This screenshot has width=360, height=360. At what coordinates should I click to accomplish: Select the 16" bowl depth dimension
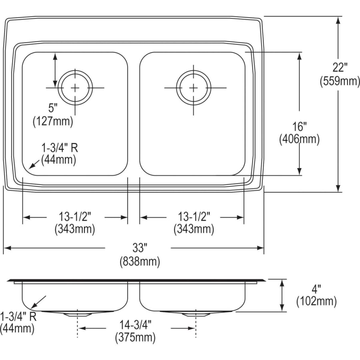[299, 127]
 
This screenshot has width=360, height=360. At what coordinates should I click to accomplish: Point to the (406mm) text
[299, 140]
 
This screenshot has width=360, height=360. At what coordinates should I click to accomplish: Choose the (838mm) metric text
[140, 262]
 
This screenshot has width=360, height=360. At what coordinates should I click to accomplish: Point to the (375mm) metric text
[136, 338]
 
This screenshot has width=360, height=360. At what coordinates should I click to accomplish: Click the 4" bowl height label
[317, 288]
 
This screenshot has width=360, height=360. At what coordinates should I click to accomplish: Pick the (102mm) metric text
[316, 301]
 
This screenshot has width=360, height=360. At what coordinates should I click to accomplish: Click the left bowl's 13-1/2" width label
[75, 216]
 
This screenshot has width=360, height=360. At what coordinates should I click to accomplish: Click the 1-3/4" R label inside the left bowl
[60, 148]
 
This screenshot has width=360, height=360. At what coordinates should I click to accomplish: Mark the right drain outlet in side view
[195, 314]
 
